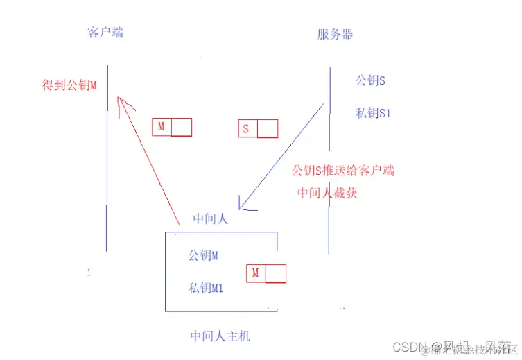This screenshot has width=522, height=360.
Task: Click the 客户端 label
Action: (105, 33)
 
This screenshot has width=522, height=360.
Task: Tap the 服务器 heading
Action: (335, 34)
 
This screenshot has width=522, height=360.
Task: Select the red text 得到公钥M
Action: (69, 85)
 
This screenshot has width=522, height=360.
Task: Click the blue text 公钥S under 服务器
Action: (370, 80)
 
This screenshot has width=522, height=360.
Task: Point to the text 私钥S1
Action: (373, 112)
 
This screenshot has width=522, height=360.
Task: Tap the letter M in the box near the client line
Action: (162, 127)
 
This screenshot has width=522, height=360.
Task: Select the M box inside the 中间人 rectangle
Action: (266, 273)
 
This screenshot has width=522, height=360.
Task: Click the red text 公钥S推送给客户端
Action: (343, 171)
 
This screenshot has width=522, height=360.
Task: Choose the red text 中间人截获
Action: (327, 193)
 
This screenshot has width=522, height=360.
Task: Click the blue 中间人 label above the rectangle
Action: (211, 218)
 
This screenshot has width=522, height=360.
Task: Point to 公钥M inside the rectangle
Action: (203, 255)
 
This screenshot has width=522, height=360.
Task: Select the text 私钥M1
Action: (206, 287)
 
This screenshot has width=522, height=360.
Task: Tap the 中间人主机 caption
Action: (220, 336)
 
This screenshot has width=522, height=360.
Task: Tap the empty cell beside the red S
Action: (267, 128)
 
